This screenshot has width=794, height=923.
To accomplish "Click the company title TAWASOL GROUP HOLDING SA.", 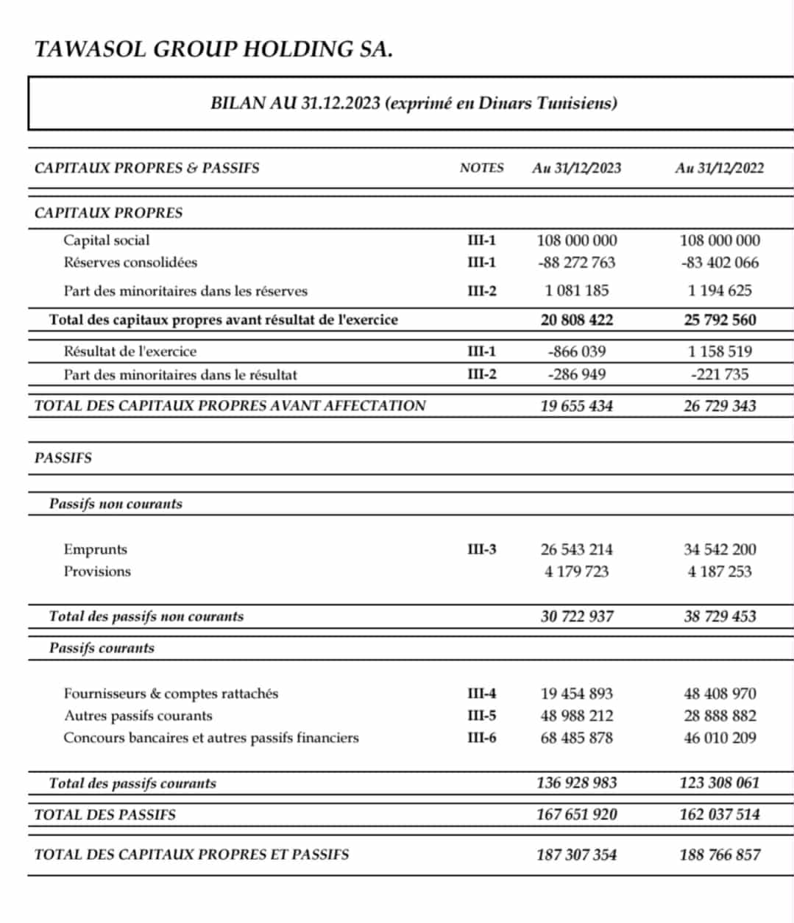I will pyautogui.click(x=213, y=49).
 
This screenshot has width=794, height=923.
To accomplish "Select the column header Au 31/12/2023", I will pyautogui.click(x=576, y=168).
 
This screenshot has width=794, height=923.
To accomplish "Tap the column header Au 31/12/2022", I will pyautogui.click(x=719, y=168).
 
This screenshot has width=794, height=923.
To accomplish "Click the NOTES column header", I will pyautogui.click(x=481, y=168).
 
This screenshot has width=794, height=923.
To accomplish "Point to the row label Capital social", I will pyautogui.click(x=107, y=240).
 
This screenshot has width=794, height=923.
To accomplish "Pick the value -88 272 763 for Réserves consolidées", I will pyautogui.click(x=576, y=263).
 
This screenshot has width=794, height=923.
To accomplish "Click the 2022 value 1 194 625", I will pyautogui.click(x=719, y=291).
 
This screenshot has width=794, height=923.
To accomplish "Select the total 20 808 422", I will pyautogui.click(x=576, y=320).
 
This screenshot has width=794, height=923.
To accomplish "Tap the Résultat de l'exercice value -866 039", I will pyautogui.click(x=576, y=352).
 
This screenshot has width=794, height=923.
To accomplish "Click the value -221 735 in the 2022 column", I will pyautogui.click(x=719, y=374).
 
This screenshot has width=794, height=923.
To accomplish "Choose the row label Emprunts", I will pyautogui.click(x=96, y=549).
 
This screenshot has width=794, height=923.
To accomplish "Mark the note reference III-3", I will pyautogui.click(x=482, y=549).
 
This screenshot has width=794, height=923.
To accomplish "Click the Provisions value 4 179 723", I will pyautogui.click(x=576, y=571).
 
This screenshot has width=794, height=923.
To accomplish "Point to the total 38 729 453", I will pyautogui.click(x=719, y=616).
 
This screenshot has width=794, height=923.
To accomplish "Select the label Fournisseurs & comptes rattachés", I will pyautogui.click(x=171, y=694).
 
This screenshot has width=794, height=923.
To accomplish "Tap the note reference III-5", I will pyautogui.click(x=482, y=716).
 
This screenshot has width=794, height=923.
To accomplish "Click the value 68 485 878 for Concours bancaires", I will pyautogui.click(x=576, y=738).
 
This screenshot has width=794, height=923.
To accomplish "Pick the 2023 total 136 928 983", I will pyautogui.click(x=576, y=783).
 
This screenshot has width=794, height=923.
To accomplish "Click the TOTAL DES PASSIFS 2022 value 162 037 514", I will pyautogui.click(x=719, y=814).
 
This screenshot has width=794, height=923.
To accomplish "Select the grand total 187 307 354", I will pyautogui.click(x=576, y=855).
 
